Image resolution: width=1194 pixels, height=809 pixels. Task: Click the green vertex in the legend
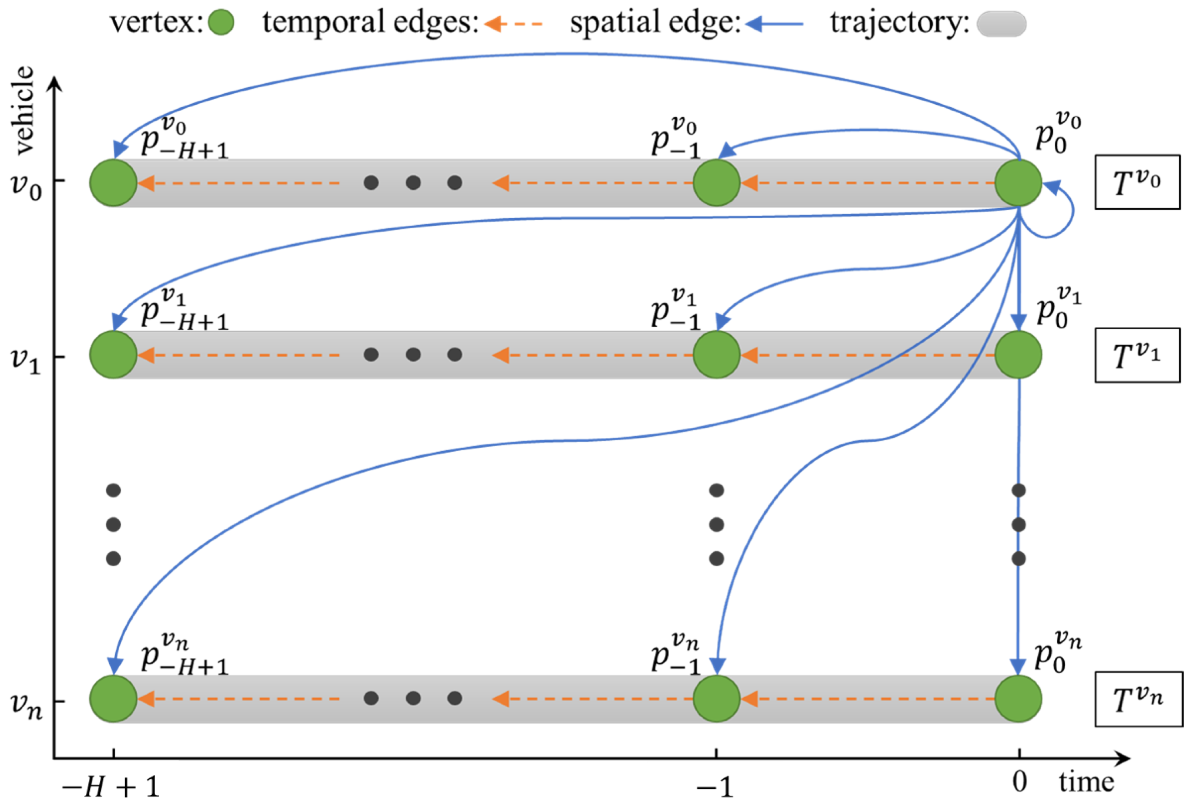point(221,23)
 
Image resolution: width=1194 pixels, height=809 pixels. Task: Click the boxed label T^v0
point(1136,182)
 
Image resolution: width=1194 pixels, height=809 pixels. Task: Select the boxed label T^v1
point(1136,355)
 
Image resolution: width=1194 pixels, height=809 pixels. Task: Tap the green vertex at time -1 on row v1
point(716,355)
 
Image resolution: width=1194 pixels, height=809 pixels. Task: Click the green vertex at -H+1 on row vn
point(114,699)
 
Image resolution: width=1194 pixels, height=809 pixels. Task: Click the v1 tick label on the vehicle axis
point(26,359)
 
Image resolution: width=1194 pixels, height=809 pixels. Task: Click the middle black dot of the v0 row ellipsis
point(413,182)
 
